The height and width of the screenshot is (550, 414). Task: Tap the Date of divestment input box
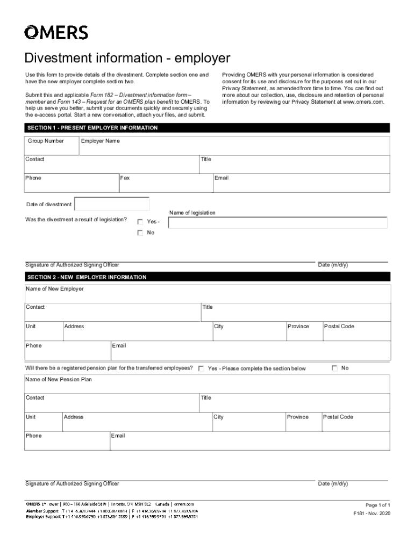pyautogui.click(x=112, y=205)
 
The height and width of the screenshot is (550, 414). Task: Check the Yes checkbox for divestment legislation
pyautogui.click(x=140, y=222)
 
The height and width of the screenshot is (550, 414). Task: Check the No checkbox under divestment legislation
pyautogui.click(x=140, y=233)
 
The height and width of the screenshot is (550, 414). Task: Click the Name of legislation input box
pyautogui.click(x=278, y=223)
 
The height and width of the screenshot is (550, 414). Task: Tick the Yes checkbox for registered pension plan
pyautogui.click(x=201, y=368)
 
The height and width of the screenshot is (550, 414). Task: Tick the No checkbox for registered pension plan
pyautogui.click(x=334, y=368)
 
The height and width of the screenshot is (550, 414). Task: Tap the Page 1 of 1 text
pyautogui.click(x=377, y=505)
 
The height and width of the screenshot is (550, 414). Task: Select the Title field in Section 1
pyautogui.click(x=295, y=165)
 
